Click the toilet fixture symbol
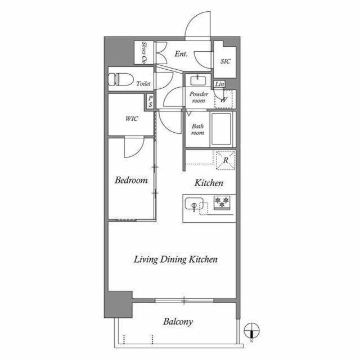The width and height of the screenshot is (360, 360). click(121, 79)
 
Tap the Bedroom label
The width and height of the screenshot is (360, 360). click(131, 180)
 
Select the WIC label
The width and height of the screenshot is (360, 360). click(132, 119)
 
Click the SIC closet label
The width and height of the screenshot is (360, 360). click(225, 61)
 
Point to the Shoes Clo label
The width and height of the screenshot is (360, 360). click(144, 53)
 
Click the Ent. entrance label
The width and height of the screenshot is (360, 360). click(181, 54)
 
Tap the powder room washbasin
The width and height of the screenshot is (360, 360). click(198, 80)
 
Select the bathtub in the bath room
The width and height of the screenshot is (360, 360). click(221, 129)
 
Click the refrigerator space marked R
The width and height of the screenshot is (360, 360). click(226, 160)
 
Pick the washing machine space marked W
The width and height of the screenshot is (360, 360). click(224, 100)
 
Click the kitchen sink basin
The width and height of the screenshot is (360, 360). click(194, 204)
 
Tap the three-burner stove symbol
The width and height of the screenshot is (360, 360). click(222, 202)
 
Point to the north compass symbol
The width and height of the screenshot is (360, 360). click(251, 331)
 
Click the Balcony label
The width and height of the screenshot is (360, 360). click(178, 322)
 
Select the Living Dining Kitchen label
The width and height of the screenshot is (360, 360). click(175, 259)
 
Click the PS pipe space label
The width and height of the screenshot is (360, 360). click(150, 101)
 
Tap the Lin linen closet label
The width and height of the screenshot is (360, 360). click(219, 84)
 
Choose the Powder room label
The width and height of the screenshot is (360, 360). click(199, 97)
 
